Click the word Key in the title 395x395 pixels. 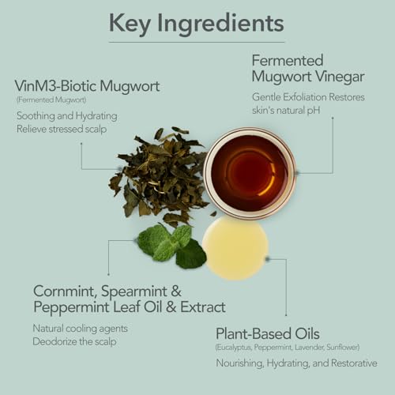click(130, 24)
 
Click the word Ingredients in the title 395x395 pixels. click(220, 24)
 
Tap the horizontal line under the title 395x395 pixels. click(197, 42)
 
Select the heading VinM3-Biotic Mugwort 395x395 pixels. click(87, 86)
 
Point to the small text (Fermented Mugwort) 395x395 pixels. click(51, 100)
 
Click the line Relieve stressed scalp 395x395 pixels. click(62, 129)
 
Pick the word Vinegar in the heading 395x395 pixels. click(340, 77)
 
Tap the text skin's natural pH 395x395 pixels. click(286, 111)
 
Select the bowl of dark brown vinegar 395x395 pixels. click(250, 173)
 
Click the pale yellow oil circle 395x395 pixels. click(235, 248)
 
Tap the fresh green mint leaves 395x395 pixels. click(172, 246)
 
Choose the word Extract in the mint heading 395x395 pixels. click(203, 307)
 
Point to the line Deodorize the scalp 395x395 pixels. click(74, 342)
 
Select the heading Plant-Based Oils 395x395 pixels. click(268, 333)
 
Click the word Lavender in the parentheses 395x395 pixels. click(310, 348)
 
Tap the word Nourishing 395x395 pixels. click(239, 363)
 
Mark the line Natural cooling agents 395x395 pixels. click(81, 329)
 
